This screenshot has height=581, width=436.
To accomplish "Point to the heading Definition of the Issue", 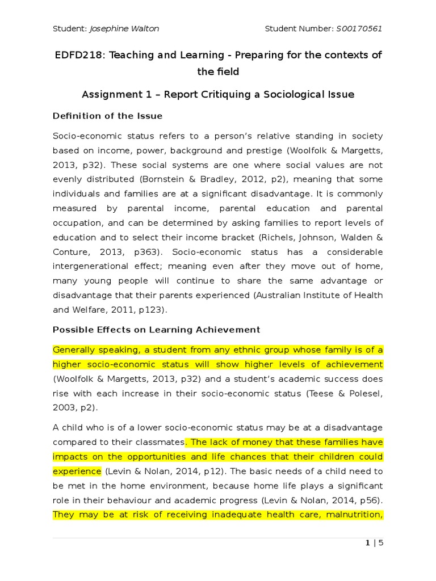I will [x=107, y=116].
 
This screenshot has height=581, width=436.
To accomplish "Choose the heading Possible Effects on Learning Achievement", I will [x=156, y=330].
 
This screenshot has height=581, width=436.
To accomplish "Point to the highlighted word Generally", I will [x=76, y=350].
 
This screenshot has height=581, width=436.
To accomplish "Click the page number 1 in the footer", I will [x=368, y=543].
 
